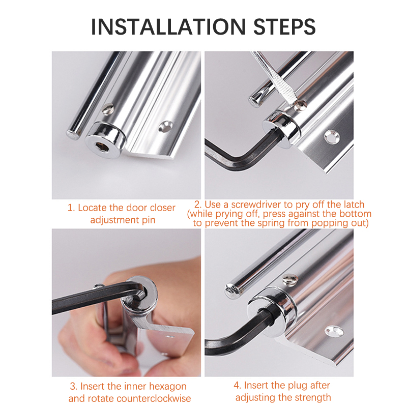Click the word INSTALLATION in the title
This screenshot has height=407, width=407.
168,27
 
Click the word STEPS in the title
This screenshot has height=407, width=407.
284,27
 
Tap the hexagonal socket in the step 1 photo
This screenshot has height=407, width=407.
102,148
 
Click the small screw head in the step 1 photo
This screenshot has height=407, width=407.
108,109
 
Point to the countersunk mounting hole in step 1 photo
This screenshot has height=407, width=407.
165,126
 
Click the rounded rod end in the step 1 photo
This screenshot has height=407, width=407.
72,134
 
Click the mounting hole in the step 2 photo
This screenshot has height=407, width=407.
332,137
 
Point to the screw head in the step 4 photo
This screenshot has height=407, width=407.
290,280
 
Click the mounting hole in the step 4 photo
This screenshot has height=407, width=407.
334,332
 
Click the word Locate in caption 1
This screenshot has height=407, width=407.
92,208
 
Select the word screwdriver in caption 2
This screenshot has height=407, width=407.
256,205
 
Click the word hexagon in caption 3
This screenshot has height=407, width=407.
168,387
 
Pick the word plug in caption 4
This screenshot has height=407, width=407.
301,386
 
